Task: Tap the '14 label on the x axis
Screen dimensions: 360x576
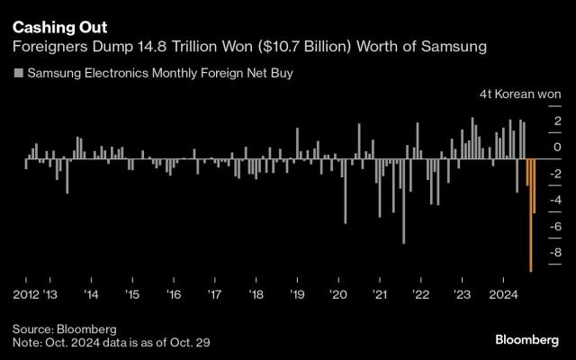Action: coord(92,294)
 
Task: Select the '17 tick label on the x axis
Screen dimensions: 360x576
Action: coord(215,294)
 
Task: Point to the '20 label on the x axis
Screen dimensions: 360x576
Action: coord(338,294)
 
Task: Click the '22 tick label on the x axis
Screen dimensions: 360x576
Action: coord(420,294)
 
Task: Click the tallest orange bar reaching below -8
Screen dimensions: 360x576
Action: coord(531,216)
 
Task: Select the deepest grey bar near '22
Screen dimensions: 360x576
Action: coord(403,202)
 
